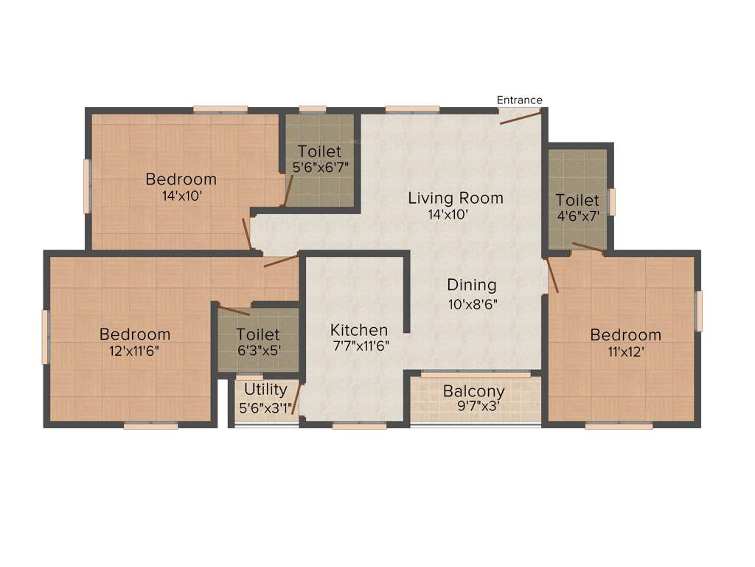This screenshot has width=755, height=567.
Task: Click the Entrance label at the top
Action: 519,100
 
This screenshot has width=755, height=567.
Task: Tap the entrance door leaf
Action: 521,117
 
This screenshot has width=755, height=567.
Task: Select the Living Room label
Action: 456,198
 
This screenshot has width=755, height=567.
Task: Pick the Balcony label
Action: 474,391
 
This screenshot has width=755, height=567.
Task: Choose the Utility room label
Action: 265,389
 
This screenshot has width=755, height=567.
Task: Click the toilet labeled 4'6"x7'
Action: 577,200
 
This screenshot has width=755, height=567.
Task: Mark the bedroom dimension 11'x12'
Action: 625,351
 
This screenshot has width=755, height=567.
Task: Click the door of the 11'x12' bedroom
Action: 552,275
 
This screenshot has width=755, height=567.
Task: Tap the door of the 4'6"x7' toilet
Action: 588,248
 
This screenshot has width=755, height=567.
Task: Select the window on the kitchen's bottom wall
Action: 359,425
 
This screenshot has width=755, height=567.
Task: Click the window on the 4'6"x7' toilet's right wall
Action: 611,202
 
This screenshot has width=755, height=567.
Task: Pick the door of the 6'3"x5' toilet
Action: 234,310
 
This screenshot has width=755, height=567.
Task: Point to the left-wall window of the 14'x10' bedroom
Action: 87,186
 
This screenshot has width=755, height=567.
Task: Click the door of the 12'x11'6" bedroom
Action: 281,261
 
